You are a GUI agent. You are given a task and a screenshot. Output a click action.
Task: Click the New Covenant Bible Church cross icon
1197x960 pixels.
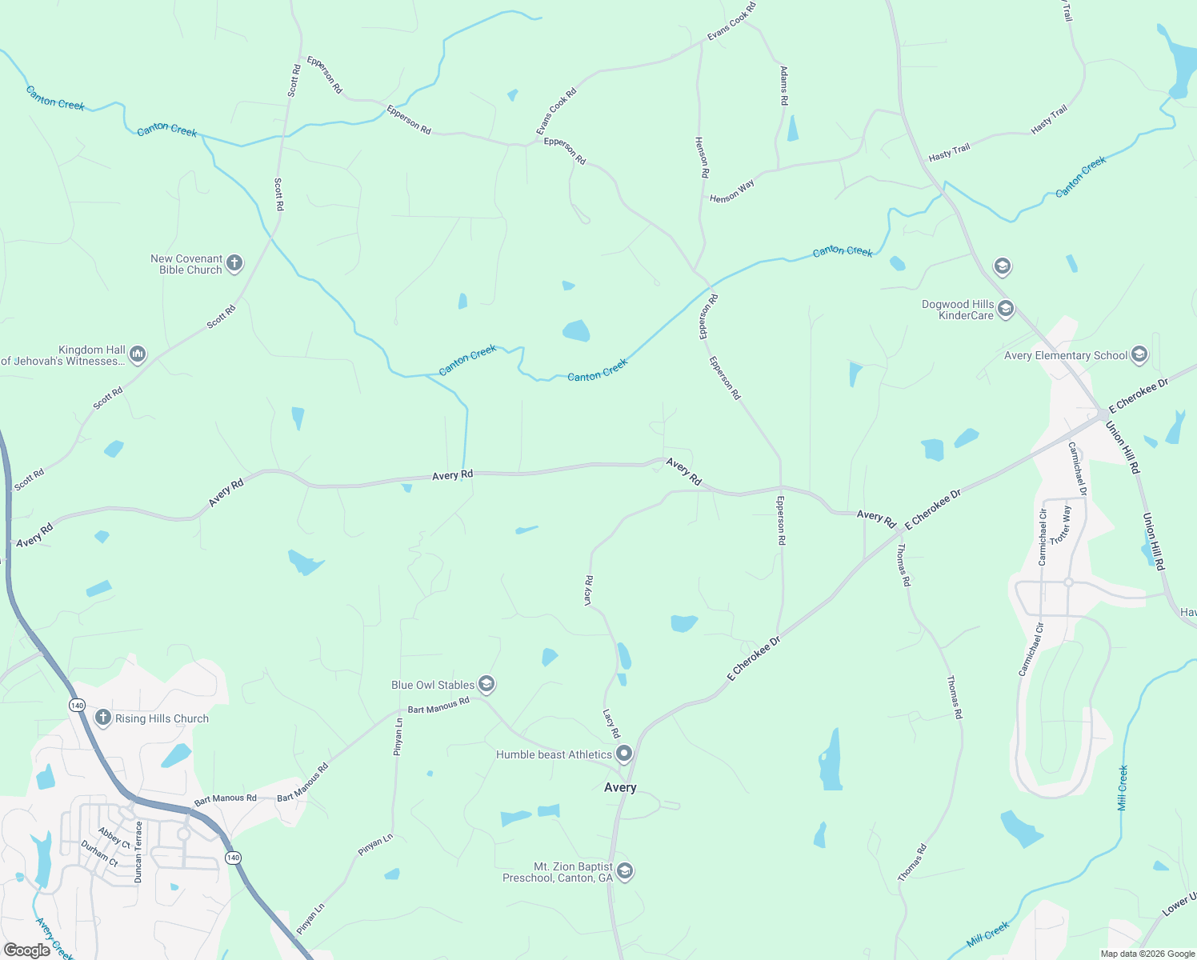pyautogui.click(x=234, y=263)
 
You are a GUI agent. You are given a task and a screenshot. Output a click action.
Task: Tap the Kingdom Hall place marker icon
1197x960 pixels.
pyautogui.click(x=138, y=354)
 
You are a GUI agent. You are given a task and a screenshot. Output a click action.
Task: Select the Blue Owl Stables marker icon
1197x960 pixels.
pyautogui.click(x=486, y=684)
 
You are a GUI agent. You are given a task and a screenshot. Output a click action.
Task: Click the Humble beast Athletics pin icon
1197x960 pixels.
pyautogui.click(x=624, y=754)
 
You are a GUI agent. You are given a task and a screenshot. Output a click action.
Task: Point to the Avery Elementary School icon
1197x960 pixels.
pyautogui.click(x=1139, y=354)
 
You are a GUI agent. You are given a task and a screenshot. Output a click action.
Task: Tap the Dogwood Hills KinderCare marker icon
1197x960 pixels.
pyautogui.click(x=1006, y=309)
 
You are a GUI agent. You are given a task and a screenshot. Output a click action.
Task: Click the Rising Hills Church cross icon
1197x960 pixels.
pyautogui.click(x=102, y=718)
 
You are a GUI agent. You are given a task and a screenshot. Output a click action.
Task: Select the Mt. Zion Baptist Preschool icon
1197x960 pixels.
pyautogui.click(x=625, y=871)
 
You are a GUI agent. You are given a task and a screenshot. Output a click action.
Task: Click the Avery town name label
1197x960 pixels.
pyautogui.click(x=620, y=787)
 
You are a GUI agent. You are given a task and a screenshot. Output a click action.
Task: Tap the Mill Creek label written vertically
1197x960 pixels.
pyautogui.click(x=1123, y=788)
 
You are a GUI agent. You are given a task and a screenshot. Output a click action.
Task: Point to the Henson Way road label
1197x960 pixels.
pyautogui.click(x=731, y=191)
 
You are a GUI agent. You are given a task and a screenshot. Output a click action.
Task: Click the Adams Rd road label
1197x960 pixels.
pyautogui.click(x=784, y=86)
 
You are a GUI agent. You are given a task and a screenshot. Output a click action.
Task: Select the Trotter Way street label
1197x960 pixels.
pyautogui.click(x=1061, y=526)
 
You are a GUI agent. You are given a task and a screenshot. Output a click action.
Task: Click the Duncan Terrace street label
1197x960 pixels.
pyautogui.click(x=138, y=852)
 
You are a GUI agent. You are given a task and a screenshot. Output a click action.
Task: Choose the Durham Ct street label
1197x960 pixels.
pyautogui.click(x=99, y=854)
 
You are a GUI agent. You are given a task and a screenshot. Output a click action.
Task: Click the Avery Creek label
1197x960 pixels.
pyautogui.click(x=54, y=938)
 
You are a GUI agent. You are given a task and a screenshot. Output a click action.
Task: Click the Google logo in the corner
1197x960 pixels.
pyautogui.click(x=27, y=950)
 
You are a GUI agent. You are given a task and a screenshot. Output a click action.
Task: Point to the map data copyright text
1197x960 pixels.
pyautogui.click(x=1147, y=954)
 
